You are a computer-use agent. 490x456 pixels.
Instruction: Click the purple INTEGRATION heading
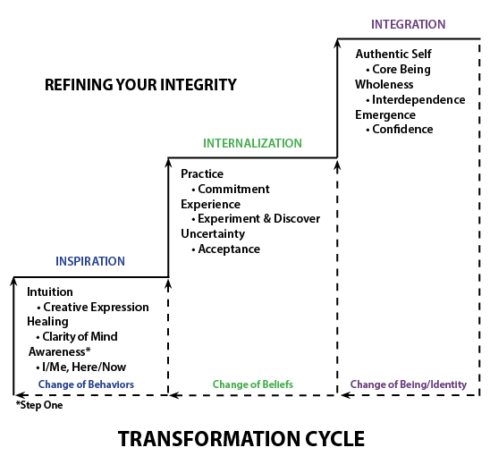point(408,24)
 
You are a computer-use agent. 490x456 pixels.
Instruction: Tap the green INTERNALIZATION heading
point(252,143)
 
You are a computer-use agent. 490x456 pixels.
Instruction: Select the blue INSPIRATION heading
point(90,261)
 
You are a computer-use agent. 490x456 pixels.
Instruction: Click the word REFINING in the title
point(79,85)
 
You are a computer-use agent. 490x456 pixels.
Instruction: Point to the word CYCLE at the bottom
point(334,439)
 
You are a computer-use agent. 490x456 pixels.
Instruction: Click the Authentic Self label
point(393,54)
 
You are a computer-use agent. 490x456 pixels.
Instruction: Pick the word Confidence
point(402,129)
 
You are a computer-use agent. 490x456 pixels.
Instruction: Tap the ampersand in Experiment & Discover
point(266,219)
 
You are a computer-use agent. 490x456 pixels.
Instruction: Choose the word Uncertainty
point(213,233)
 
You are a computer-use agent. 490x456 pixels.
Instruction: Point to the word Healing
point(47,322)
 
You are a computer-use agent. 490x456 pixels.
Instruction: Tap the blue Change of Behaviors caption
point(86,384)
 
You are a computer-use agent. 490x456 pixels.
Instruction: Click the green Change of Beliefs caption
point(253,384)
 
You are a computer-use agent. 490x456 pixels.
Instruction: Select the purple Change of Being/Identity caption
point(409,384)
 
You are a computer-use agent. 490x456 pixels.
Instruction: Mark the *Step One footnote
point(39,405)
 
